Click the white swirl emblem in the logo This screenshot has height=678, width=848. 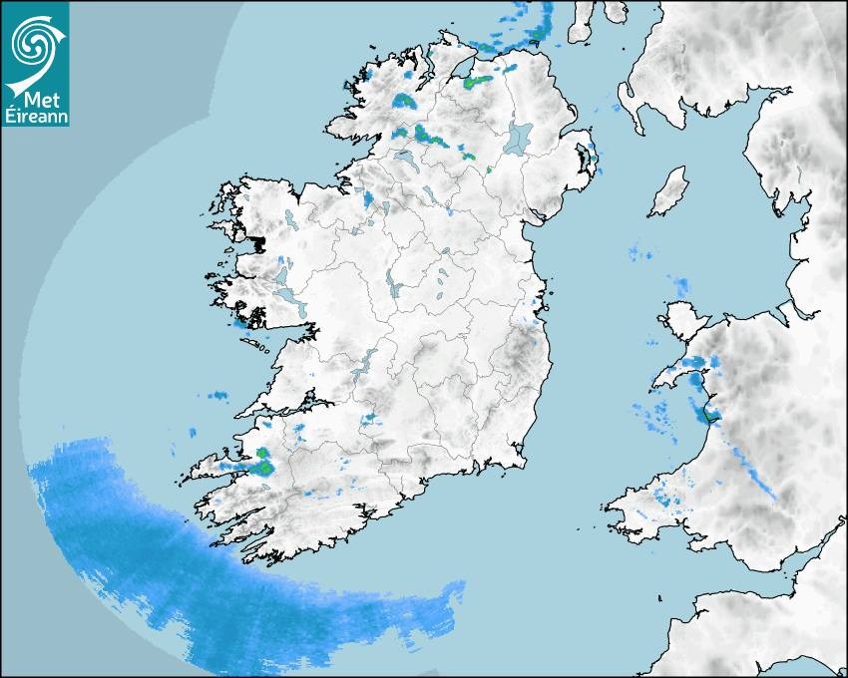point(34,43)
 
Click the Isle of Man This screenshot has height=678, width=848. point(668,192)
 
